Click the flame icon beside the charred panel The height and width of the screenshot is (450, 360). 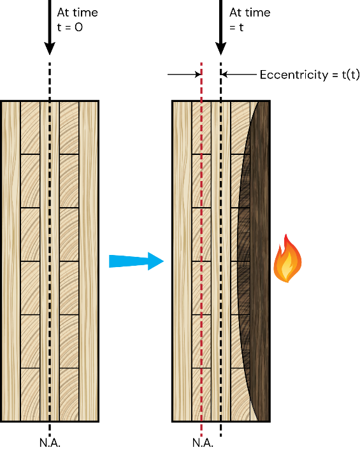pyautogui.click(x=287, y=259)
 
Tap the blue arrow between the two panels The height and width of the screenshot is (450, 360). pyautogui.click(x=136, y=261)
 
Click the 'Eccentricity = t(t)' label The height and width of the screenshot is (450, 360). pyautogui.click(x=310, y=75)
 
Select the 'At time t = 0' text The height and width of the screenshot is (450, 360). pyautogui.click(x=78, y=20)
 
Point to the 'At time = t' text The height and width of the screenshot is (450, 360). pyautogui.click(x=250, y=20)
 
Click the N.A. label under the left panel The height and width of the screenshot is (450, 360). pyautogui.click(x=50, y=442)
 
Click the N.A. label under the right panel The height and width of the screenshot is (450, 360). pyautogui.click(x=203, y=442)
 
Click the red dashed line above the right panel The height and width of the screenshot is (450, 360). pyautogui.click(x=201, y=81)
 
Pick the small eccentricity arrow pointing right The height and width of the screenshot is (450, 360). pyautogui.click(x=184, y=75)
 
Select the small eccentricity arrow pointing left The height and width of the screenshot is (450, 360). pyautogui.click(x=239, y=75)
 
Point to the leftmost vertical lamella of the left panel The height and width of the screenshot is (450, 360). pyautogui.click(x=11, y=261)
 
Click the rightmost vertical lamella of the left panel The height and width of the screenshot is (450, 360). pyautogui.click(x=89, y=261)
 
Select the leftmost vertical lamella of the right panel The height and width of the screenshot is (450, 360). pyautogui.click(x=182, y=261)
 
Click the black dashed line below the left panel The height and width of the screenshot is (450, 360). pyautogui.click(x=50, y=430)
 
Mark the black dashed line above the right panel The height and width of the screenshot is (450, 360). pyautogui.click(x=220, y=81)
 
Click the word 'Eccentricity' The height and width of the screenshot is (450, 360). pyautogui.click(x=294, y=75)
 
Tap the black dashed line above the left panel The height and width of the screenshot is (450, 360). pyautogui.click(x=50, y=81)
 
